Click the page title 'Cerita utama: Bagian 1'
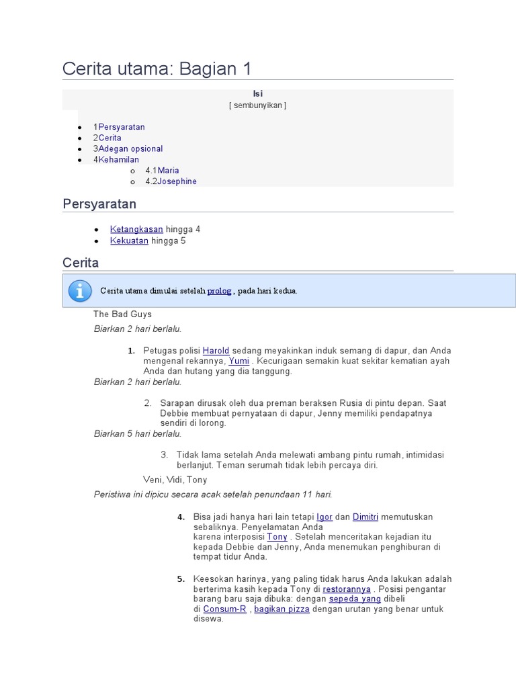[x=157, y=69]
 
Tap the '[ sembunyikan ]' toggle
[x=257, y=105]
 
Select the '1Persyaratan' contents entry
[x=119, y=127]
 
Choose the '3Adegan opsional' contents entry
[x=128, y=148]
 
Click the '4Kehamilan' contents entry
[x=116, y=159]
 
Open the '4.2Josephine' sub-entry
[x=171, y=181]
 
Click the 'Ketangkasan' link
[x=136, y=229]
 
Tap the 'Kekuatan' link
[x=129, y=241]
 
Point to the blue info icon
[x=80, y=291]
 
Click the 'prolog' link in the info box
[x=219, y=291]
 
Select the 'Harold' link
[x=216, y=351]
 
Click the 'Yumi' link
[x=239, y=361]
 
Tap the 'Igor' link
[x=325, y=517]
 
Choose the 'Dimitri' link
[x=365, y=517]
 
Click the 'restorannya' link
[x=347, y=589]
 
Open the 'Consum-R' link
[x=225, y=609]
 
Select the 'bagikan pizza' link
[x=282, y=609]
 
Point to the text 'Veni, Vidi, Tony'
[x=175, y=480]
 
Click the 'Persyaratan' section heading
[x=99, y=204]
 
